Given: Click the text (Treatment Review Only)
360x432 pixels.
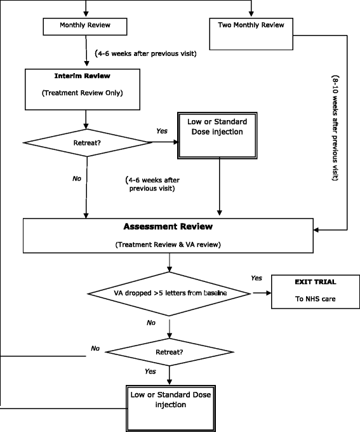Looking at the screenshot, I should tap(85, 93).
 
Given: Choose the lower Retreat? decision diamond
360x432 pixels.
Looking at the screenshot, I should tap(170, 351).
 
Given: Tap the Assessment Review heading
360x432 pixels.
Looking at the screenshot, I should tap(169, 226).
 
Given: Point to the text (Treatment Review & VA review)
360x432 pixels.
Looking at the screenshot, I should tap(169, 245).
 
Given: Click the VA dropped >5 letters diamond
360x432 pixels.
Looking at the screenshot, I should tap(169, 294).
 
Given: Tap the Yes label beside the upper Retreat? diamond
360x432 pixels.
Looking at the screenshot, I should tap(162, 131).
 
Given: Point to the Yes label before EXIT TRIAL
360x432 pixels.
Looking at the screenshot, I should tap(256, 278).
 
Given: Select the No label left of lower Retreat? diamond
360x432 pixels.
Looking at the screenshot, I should tap(96, 348).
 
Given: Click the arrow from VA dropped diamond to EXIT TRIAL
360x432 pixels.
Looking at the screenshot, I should tap(260, 294).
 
